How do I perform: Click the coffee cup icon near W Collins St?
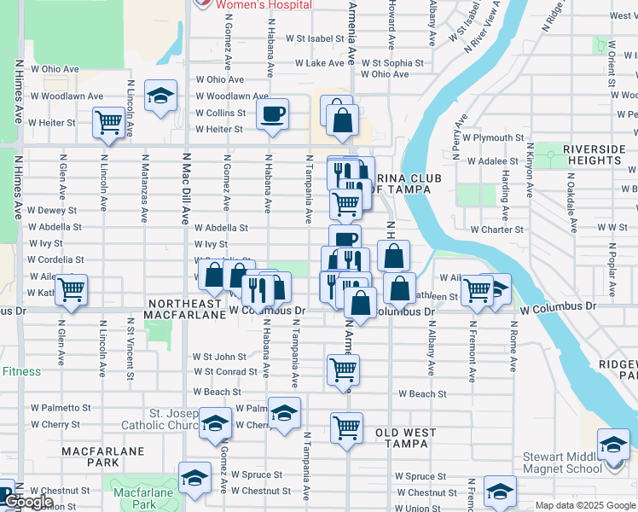point(272,114)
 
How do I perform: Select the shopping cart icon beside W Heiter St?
point(109,122)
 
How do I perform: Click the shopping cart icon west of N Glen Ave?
point(71,290)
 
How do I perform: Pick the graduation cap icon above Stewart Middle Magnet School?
point(613,445)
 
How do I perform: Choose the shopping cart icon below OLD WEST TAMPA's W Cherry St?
point(346,428)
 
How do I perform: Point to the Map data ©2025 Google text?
point(585,505)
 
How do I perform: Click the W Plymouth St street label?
point(493,137)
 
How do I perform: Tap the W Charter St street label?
point(496,230)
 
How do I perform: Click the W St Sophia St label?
point(392,63)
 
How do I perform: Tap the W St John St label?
point(219,357)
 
